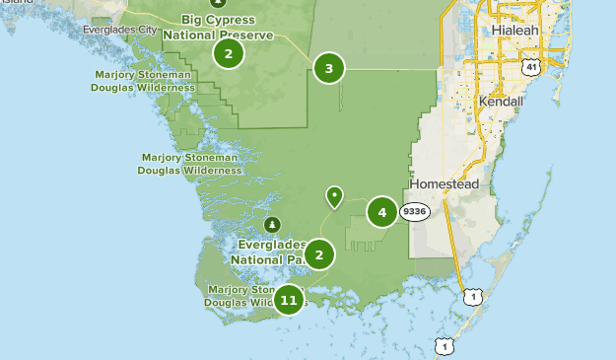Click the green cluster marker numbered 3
point(329,68)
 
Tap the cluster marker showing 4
point(381,211)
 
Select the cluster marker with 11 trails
point(288,299)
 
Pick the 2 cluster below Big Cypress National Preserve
point(228,53)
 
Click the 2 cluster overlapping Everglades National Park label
point(318,254)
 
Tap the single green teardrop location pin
point(335,197)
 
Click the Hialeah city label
point(516,31)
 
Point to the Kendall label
point(501,102)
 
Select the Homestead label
point(444,184)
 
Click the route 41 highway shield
point(531,67)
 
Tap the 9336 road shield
point(414,211)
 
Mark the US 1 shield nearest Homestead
point(474,295)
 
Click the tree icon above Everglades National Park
point(272,223)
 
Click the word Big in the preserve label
point(194,19)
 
